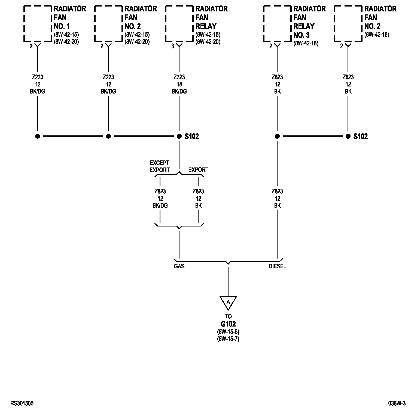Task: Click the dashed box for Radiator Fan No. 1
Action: pos(37,24)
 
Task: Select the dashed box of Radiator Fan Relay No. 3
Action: pos(277,24)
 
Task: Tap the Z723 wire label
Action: pos(179,77)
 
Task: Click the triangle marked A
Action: pos(228,302)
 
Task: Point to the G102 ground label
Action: pos(228,324)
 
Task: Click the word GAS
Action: pos(179,266)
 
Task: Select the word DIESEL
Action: pos(277,266)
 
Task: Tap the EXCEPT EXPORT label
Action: pos(160,166)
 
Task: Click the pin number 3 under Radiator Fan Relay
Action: pos(172,46)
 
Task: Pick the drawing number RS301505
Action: pos(22,403)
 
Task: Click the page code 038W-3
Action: pos(397,403)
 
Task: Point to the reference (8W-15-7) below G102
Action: pos(228,339)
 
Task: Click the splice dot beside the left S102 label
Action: pos(179,136)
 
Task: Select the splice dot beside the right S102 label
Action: pos(348,136)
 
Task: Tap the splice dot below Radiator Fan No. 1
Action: pos(38,136)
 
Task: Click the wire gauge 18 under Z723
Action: pos(179,84)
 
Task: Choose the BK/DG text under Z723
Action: pos(179,91)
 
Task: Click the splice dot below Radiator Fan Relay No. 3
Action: pos(277,136)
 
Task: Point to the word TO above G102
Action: pos(228,316)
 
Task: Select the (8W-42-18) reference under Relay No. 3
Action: pos(306,44)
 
